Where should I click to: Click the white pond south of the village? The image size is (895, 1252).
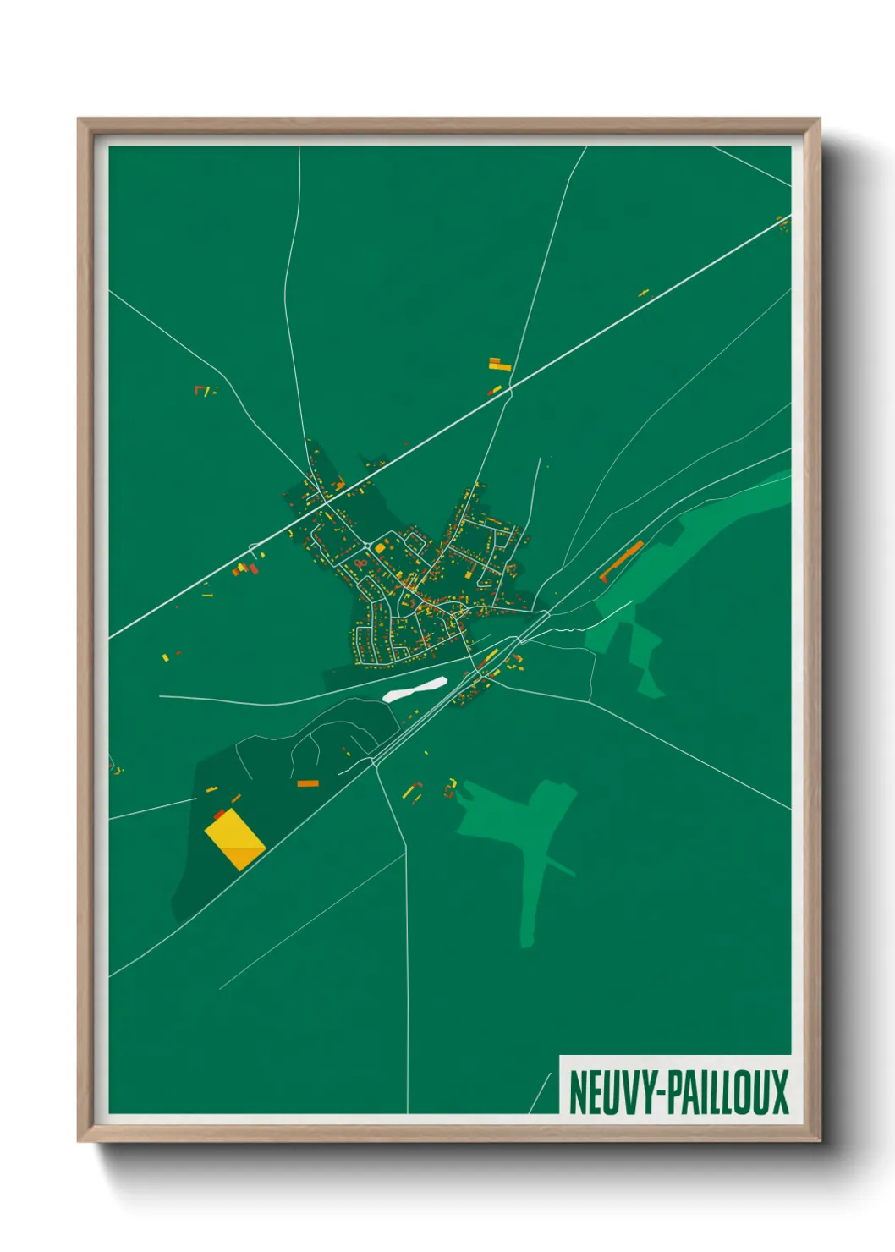click(x=415, y=689)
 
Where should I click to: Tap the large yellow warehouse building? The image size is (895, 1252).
click(x=235, y=838)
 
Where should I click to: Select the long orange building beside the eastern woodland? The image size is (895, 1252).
click(x=622, y=562)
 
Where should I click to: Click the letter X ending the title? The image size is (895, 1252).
click(x=778, y=1092)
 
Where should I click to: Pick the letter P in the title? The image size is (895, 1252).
click(x=673, y=1092)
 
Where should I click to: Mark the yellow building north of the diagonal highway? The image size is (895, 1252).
click(x=500, y=365)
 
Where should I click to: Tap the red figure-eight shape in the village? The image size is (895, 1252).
click(x=360, y=563)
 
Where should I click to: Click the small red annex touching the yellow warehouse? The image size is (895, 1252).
click(x=219, y=814)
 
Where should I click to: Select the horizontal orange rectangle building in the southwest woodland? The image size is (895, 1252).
click(x=308, y=783)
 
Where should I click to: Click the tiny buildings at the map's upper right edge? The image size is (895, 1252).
click(x=783, y=224)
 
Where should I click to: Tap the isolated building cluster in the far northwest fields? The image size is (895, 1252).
click(x=204, y=390)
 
